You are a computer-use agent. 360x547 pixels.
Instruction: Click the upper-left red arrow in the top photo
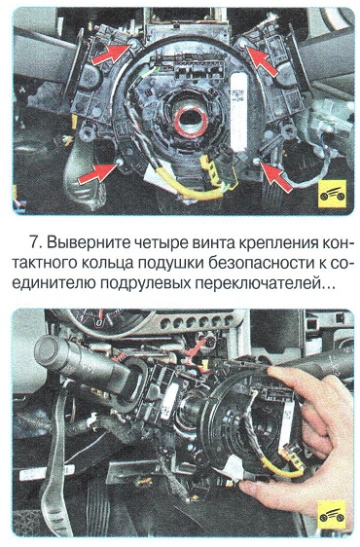(111, 55)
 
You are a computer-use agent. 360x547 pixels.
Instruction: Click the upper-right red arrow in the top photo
(262, 60)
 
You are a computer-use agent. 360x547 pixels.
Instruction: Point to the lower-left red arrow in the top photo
(97, 173)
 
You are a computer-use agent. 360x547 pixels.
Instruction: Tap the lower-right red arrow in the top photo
(276, 177)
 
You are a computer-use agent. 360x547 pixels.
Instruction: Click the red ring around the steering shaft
(191, 122)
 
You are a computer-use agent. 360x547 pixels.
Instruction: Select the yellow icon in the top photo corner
(333, 195)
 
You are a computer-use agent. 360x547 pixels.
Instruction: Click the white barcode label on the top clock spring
(239, 111)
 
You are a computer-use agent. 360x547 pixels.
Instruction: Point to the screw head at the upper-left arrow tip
(133, 44)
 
